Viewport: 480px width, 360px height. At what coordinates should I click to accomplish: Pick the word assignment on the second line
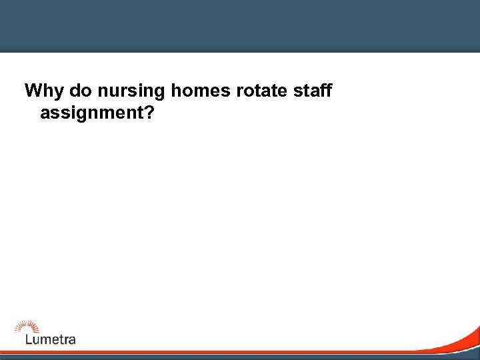coord(93,114)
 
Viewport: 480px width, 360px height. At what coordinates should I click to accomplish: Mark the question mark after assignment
coord(151,113)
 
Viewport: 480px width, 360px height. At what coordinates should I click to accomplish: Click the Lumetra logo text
coord(50,339)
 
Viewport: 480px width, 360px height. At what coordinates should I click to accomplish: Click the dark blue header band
coord(240,25)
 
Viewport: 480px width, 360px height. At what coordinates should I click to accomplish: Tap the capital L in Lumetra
coord(28,339)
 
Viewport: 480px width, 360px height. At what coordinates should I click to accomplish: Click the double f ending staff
coord(325,91)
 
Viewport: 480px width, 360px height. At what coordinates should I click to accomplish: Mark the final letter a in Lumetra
coord(72,339)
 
